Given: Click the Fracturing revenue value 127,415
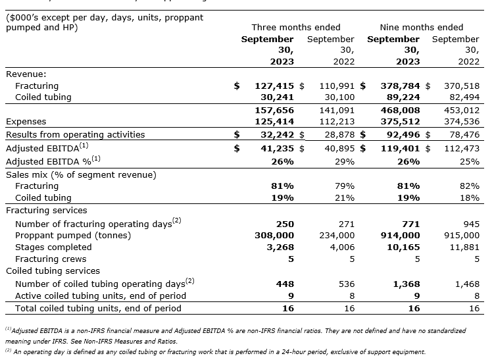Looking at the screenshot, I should click(274, 86).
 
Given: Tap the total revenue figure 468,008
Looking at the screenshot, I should click(400, 111).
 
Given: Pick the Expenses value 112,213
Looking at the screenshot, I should click(337, 122).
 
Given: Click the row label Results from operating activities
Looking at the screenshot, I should click(75, 134).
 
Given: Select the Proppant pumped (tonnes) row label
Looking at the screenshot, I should click(73, 235).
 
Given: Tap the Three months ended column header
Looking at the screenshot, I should click(296, 27).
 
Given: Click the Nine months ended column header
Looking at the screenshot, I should click(422, 27).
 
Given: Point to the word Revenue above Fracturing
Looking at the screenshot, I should click(26, 74).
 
